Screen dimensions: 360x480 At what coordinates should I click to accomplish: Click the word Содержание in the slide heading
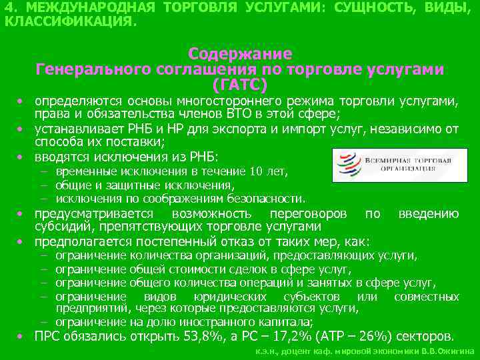pyautogui.click(x=240, y=53)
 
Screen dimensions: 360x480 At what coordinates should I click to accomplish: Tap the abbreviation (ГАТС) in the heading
pyautogui.click(x=240, y=85)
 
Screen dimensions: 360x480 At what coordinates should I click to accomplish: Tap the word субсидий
pyautogui.click(x=60, y=227)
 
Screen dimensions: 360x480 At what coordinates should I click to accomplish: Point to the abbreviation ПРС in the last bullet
pyautogui.click(x=49, y=335)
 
